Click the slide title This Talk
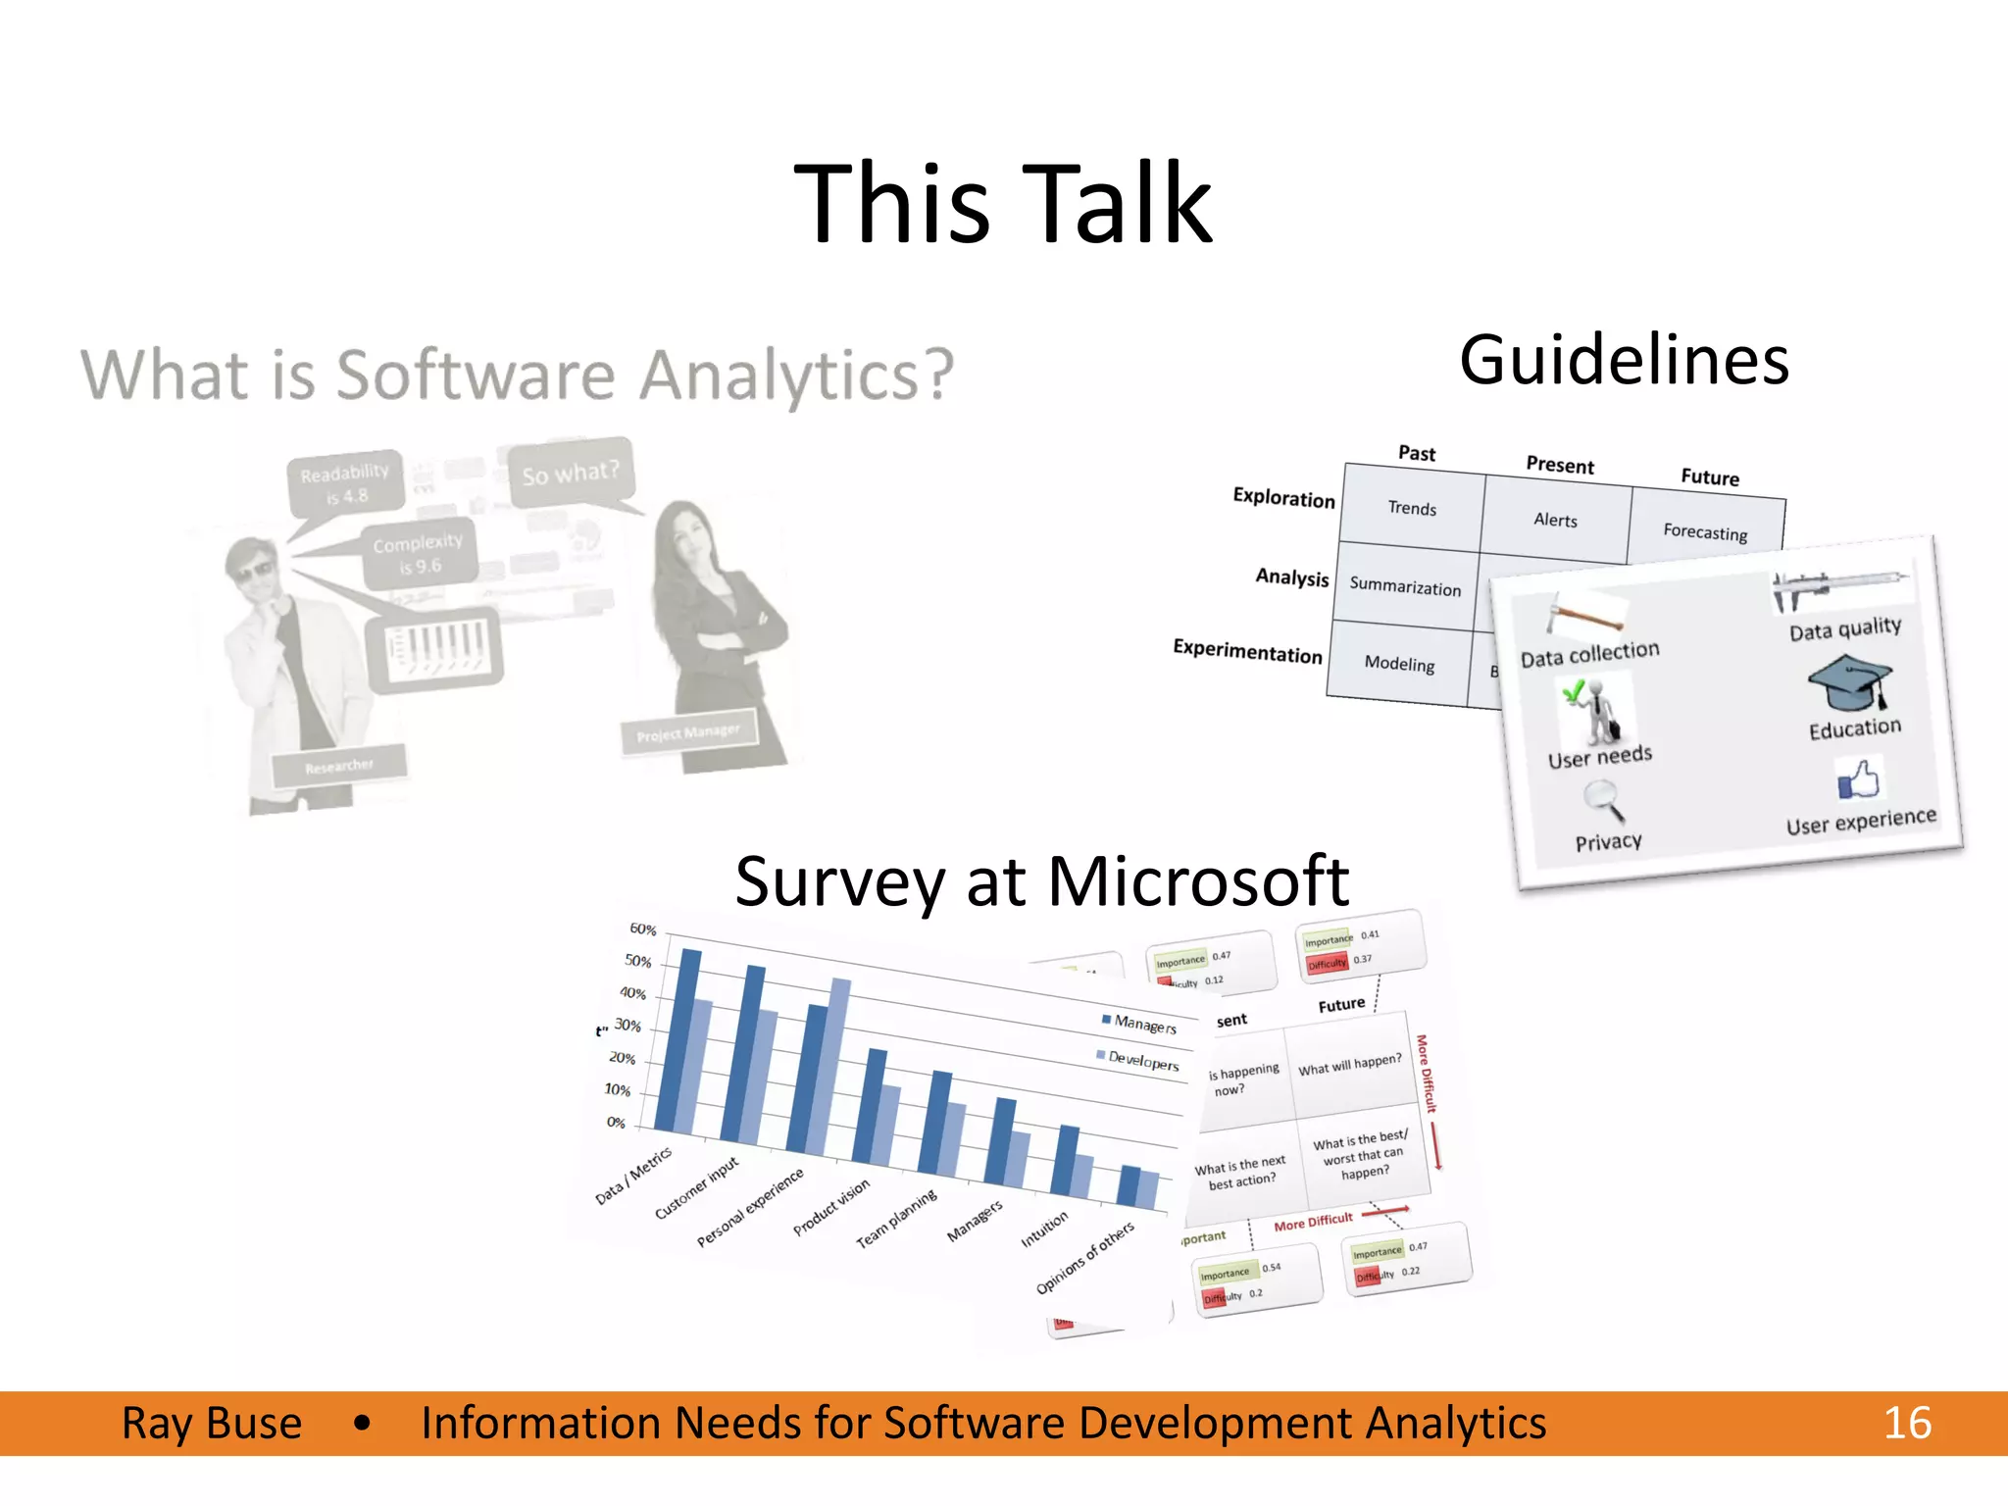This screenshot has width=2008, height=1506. point(1002,204)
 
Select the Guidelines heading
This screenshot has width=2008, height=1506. point(1624,360)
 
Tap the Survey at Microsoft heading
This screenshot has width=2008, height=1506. point(1041,880)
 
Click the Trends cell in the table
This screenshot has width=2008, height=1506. point(1412,508)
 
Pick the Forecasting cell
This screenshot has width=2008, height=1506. point(1705,531)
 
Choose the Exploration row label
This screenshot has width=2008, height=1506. point(1283,498)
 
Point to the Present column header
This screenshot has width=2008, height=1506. point(1559,465)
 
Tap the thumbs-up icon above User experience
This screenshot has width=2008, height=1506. point(1859,780)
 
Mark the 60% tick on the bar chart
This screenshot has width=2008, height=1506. point(642,929)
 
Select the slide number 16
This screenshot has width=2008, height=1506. point(1907,1423)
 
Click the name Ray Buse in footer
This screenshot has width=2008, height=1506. point(212,1423)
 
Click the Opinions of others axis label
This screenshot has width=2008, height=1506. point(1084,1257)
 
